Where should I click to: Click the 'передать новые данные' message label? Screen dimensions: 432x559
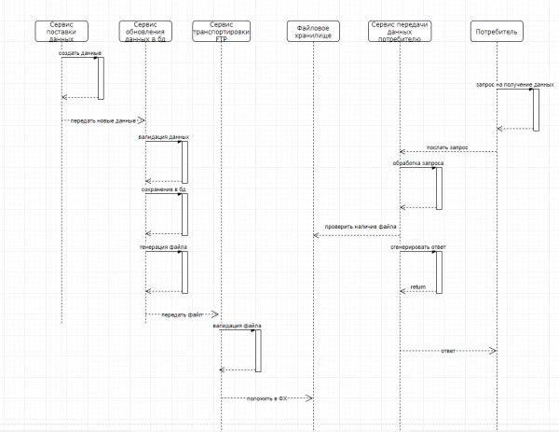(x=102, y=120)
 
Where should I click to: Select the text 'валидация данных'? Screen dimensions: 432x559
(x=163, y=137)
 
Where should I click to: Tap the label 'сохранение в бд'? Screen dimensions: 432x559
(x=162, y=189)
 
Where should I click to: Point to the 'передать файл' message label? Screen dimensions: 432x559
(x=183, y=315)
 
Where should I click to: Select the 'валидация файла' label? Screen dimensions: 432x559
(x=238, y=326)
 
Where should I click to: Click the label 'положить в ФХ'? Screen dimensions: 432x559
(x=266, y=398)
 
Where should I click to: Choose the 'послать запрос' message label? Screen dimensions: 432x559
(x=448, y=146)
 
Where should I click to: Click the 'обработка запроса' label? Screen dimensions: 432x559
(x=418, y=163)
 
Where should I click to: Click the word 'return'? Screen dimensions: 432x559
(x=418, y=287)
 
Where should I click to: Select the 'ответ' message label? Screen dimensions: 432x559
(x=447, y=351)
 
